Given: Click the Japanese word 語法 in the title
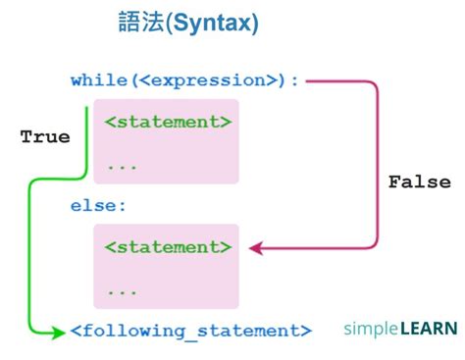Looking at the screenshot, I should (x=147, y=25).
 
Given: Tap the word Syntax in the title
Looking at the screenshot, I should (x=216, y=25).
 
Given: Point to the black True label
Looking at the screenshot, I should (x=45, y=137).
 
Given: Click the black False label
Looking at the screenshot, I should (x=419, y=182).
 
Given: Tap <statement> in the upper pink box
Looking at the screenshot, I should (x=168, y=123).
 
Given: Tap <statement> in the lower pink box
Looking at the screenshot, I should (x=168, y=247).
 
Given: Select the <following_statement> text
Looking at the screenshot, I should (x=191, y=331).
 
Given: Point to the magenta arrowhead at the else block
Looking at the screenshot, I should (x=254, y=248).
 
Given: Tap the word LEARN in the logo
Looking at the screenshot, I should (x=428, y=329).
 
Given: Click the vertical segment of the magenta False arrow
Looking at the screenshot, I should (x=377, y=167).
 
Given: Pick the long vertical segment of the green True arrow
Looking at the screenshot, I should (x=31, y=255).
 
